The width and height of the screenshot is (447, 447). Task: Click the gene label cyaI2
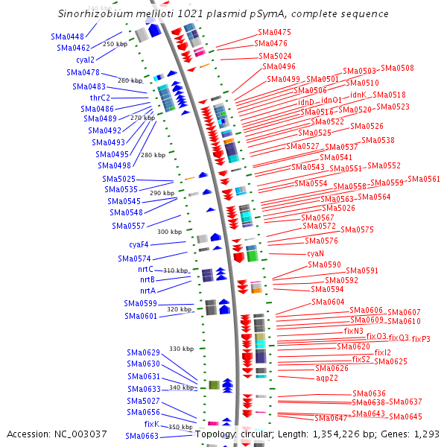coord(85,60)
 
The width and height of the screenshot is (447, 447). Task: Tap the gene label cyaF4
coord(139,244)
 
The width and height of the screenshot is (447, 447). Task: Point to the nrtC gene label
coord(146,269)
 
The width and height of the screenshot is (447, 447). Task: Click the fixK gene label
coord(151,424)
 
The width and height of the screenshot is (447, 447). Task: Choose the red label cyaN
coord(315,253)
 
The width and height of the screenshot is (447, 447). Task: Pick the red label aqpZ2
coord(327,378)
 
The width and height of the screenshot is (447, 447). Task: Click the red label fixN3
coord(354,331)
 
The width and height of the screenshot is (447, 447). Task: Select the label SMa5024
coord(275,56)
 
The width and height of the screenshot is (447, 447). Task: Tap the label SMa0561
coord(424,179)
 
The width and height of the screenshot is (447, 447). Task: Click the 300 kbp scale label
coord(169,232)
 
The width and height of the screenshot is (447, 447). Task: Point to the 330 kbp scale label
coord(181,349)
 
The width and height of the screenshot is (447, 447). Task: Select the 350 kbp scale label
coord(180,427)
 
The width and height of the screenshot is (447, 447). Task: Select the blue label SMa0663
coord(142,436)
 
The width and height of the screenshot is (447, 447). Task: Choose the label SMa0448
coord(67,36)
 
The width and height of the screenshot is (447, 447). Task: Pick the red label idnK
coord(358,95)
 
